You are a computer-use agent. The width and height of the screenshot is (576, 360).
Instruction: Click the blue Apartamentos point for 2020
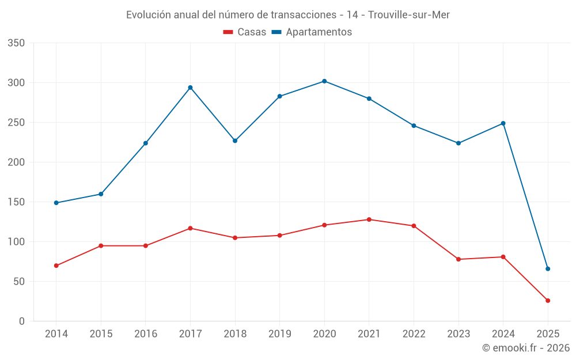[x=324, y=81]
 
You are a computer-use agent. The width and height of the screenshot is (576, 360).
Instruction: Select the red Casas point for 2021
[x=369, y=219]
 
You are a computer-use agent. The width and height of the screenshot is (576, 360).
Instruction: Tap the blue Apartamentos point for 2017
[x=190, y=88]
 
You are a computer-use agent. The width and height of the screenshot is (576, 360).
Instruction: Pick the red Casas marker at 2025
[x=548, y=301]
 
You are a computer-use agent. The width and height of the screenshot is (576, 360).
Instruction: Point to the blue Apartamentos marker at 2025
[x=548, y=269]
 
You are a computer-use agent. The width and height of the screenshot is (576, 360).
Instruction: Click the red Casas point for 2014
[x=56, y=266]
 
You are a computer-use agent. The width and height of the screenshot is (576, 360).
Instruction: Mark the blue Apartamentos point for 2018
[x=235, y=141]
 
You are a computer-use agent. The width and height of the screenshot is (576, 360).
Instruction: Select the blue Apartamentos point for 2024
[x=503, y=123]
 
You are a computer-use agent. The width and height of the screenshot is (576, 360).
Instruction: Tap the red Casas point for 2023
[x=458, y=259]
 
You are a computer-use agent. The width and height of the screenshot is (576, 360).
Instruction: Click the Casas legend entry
[x=245, y=32]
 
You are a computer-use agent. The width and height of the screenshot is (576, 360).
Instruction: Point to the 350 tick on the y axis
[x=17, y=43]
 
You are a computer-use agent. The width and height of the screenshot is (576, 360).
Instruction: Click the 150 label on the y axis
[x=17, y=202]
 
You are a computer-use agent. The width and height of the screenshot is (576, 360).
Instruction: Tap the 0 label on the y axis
[x=21, y=321]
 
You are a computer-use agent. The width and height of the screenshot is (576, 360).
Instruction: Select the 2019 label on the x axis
[x=279, y=334]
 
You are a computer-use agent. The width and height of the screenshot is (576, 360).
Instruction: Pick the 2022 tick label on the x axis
[x=414, y=334]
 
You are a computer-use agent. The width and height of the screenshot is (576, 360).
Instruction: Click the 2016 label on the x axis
[x=145, y=334]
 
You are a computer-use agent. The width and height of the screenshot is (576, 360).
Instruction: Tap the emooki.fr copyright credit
[x=526, y=348]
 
